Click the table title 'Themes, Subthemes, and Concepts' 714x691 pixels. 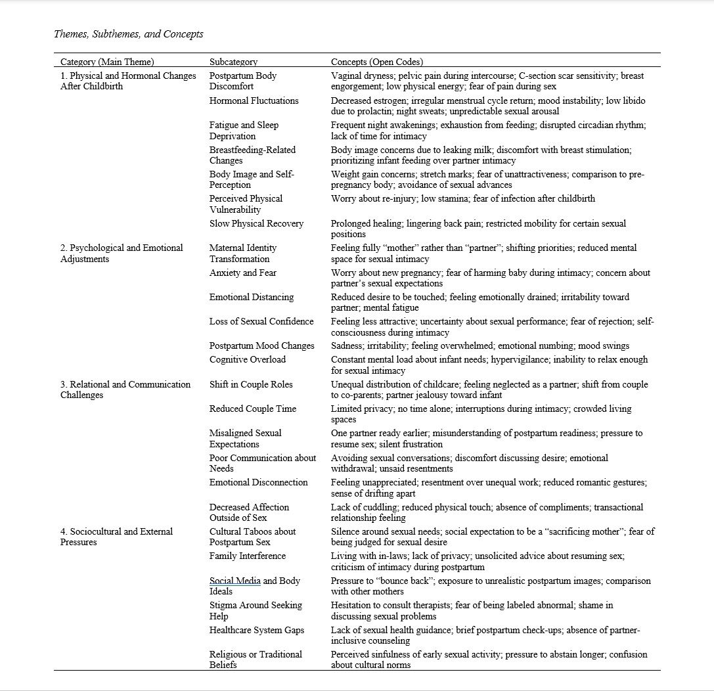click(x=129, y=34)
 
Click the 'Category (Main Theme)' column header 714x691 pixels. click(x=107, y=62)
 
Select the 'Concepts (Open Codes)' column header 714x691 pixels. click(x=377, y=62)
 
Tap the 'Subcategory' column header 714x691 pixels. click(x=233, y=62)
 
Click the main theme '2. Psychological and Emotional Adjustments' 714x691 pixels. click(x=122, y=254)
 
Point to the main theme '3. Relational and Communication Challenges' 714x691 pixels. click(x=125, y=390)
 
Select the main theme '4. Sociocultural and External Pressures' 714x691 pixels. click(x=116, y=537)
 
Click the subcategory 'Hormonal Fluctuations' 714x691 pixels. click(x=254, y=100)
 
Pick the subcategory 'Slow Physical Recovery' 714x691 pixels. click(x=256, y=223)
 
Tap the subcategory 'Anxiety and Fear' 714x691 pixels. click(x=243, y=273)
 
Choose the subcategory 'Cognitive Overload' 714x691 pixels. click(x=248, y=359)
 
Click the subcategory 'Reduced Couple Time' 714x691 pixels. click(x=253, y=409)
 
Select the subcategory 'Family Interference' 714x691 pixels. click(x=248, y=556)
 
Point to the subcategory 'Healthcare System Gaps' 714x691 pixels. click(x=257, y=630)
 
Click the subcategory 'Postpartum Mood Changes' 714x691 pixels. click(x=262, y=345)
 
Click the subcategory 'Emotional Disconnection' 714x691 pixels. click(x=258, y=482)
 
